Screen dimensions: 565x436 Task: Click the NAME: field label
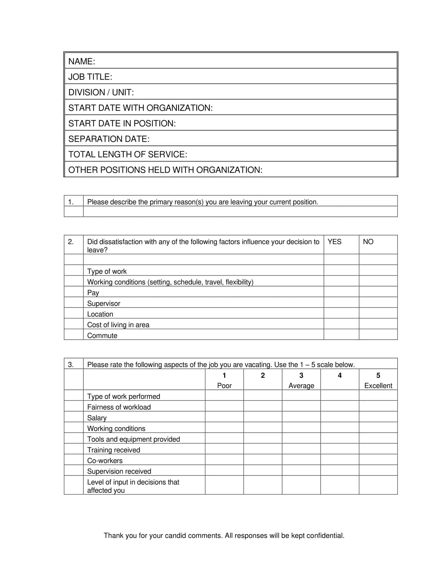coord(82,61)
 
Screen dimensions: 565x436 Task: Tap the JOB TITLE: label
coord(90,77)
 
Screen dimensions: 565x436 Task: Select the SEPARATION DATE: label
coord(109,139)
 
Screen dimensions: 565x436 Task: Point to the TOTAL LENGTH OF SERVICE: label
coord(128,154)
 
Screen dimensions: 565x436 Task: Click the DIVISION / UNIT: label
coord(101,92)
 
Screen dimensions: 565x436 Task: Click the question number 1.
coord(71,202)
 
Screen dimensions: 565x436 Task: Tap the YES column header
coord(334,242)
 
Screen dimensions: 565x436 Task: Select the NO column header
coord(368,242)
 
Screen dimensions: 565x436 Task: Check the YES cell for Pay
coord(341,291)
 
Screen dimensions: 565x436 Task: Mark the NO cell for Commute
coord(378,334)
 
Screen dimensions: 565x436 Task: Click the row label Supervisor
coord(104,304)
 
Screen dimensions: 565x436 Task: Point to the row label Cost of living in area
coord(118,325)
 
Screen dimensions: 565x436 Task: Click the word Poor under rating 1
coord(224,386)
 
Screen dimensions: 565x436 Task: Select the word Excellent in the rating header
coord(378,386)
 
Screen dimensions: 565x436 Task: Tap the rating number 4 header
coord(340,375)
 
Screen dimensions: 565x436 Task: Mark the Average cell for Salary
coord(301,417)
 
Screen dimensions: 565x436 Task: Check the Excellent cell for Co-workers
coord(378,459)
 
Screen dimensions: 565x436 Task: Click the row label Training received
coord(114,450)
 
